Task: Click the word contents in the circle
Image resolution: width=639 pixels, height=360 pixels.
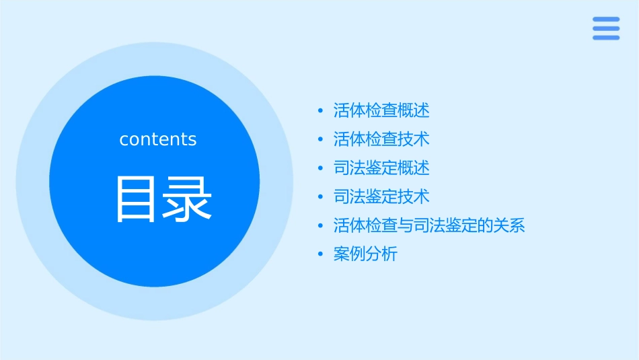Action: [x=157, y=139]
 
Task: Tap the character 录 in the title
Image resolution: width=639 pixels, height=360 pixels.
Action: [x=188, y=199]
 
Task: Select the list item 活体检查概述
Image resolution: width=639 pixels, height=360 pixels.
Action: [x=381, y=110]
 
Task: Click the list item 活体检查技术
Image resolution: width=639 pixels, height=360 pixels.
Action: [x=381, y=139]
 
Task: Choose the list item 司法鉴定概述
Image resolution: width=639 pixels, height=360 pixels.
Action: [x=381, y=168]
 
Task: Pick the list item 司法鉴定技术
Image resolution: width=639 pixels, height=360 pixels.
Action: [x=381, y=197]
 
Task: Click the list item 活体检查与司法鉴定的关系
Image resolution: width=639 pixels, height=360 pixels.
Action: [x=428, y=225]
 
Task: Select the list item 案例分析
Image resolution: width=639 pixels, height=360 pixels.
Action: [x=365, y=254]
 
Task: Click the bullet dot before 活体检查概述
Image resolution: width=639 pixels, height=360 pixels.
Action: [x=320, y=111]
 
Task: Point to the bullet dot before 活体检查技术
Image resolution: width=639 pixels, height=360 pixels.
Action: [x=320, y=140]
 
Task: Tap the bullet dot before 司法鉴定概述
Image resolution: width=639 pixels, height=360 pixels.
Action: [x=320, y=168]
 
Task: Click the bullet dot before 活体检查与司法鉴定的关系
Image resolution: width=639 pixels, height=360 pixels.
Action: [x=320, y=226]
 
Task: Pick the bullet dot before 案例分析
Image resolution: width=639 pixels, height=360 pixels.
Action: [x=320, y=255]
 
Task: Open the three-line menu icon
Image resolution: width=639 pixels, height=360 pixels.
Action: [x=606, y=28]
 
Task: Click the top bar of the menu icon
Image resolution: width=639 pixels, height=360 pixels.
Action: [x=606, y=20]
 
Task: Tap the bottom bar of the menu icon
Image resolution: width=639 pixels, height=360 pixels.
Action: [x=606, y=37]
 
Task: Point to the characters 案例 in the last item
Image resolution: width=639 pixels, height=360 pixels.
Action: [x=349, y=254]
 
